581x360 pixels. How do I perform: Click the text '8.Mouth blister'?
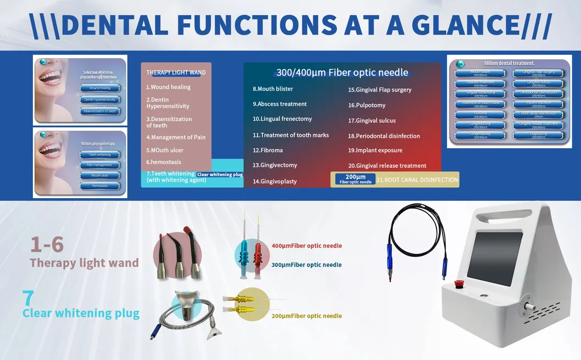(x=273, y=89)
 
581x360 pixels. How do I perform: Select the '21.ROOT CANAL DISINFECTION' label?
(x=417, y=179)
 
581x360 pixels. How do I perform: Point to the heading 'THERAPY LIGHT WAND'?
(x=176, y=72)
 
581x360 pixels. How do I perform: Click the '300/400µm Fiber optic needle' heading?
(x=342, y=72)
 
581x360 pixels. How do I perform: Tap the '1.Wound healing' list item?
(x=168, y=87)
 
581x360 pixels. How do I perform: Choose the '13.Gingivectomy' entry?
(x=275, y=165)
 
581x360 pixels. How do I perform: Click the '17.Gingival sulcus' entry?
(x=372, y=121)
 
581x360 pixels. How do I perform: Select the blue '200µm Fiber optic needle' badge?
(x=355, y=179)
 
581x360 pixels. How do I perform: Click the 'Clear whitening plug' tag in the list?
(x=220, y=174)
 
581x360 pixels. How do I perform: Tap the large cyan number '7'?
(x=28, y=298)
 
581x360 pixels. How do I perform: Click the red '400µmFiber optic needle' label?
(x=306, y=246)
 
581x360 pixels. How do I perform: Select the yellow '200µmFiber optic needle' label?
(x=306, y=316)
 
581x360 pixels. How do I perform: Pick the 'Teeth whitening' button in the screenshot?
(x=100, y=155)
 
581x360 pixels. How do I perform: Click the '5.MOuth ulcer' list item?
(x=165, y=150)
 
